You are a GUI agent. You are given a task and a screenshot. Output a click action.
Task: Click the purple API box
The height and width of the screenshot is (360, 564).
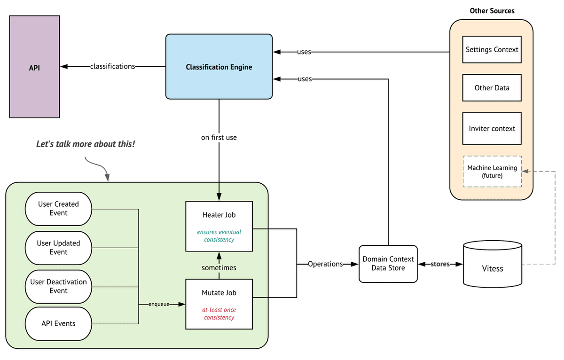tap(34, 67)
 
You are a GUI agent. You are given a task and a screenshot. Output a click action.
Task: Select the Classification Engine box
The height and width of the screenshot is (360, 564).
tap(219, 67)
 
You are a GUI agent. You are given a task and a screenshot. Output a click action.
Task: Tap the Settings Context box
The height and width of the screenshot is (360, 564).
tap(492, 50)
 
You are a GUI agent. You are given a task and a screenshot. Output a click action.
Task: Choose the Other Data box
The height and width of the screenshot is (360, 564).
tap(492, 88)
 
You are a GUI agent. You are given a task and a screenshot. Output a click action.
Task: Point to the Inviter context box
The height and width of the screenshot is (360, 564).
tap(492, 129)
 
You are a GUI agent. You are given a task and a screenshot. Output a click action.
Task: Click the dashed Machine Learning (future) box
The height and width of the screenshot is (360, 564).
tap(492, 172)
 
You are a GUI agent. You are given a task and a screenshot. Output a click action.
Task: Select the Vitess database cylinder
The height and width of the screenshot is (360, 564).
tap(493, 264)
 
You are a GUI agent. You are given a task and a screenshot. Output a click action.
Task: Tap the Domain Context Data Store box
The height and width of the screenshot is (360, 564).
tap(388, 264)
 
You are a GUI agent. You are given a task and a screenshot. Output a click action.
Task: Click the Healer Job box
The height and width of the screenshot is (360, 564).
tap(219, 227)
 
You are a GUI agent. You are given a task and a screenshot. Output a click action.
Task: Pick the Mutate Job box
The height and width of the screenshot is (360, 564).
tap(219, 304)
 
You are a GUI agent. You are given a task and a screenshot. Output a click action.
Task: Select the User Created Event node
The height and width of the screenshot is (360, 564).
tap(58, 209)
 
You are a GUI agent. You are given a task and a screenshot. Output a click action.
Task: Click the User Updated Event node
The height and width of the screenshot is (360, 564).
tap(58, 248)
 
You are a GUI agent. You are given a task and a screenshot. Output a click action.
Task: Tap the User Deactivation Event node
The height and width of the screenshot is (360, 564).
tap(58, 287)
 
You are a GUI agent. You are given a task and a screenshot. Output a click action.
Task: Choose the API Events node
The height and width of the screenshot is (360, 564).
tap(58, 323)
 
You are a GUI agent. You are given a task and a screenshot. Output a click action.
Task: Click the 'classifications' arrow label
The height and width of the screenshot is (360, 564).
tap(112, 66)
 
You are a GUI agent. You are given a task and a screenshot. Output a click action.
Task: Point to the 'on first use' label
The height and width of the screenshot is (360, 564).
tap(219, 137)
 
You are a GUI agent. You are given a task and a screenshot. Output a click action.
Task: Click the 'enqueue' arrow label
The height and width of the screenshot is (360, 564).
tap(159, 304)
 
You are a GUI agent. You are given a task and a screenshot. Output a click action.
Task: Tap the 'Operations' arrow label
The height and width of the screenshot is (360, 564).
tap(325, 264)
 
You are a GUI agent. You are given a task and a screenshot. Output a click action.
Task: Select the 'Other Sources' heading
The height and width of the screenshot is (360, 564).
tap(492, 11)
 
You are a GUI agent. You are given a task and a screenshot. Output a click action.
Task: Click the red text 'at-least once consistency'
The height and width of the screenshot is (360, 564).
tap(219, 313)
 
